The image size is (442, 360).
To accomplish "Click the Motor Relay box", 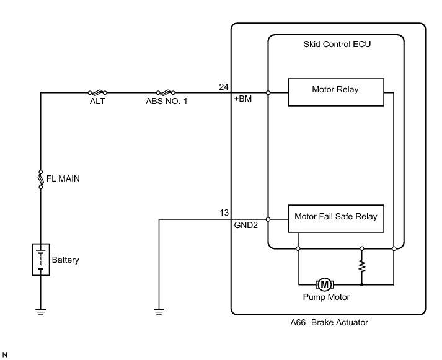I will pyautogui.click(x=335, y=89).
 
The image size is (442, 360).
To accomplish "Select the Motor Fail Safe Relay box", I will pyautogui.click(x=335, y=217).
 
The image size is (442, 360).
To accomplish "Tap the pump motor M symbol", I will pyautogui.click(x=324, y=284).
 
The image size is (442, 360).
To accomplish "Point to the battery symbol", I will pyautogui.click(x=40, y=260).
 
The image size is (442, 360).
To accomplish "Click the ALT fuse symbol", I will pyautogui.click(x=97, y=93).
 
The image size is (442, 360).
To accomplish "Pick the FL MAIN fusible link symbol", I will pyautogui.click(x=40, y=178).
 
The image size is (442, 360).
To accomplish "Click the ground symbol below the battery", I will pyautogui.click(x=40, y=312).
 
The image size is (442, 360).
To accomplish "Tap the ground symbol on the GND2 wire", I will pyautogui.click(x=159, y=312).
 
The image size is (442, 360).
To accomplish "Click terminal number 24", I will pyautogui.click(x=224, y=87).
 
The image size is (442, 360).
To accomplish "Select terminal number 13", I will pyautogui.click(x=224, y=213).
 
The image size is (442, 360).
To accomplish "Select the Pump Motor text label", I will pyautogui.click(x=326, y=297).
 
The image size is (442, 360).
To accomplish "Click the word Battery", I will pyautogui.click(x=65, y=260).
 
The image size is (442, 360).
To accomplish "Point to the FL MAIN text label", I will pyautogui.click(x=63, y=178).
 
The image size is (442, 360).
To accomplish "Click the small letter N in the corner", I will pyautogui.click(x=6, y=354).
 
